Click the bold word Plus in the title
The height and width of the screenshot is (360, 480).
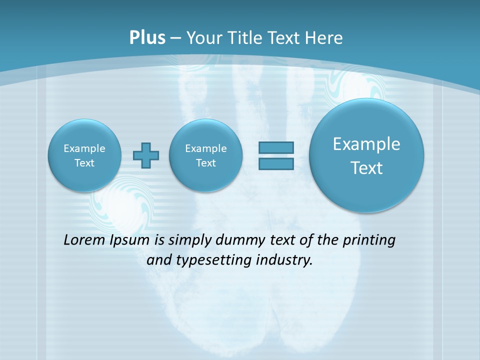pos(147,38)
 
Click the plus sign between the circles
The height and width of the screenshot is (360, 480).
pos(146,155)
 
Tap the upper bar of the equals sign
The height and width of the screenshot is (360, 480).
pos(276,147)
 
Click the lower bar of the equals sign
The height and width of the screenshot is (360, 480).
pos(276,164)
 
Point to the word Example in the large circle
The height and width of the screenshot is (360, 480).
pos(366,144)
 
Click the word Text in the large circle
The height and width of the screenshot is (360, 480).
pos(366,168)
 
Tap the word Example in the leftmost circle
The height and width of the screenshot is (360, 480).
pos(84,148)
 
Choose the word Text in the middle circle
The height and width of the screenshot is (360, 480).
pos(205,163)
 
